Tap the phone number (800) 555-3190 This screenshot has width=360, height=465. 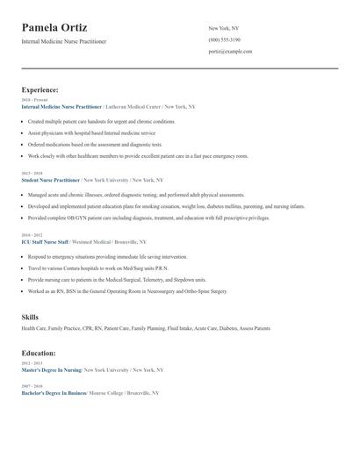(x=225, y=40)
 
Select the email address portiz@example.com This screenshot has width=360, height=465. (x=230, y=52)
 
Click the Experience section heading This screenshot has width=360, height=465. (x=40, y=89)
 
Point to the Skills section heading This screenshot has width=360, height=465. (x=30, y=315)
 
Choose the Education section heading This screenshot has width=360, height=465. (x=39, y=353)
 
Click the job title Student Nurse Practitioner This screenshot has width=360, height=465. (x=50, y=179)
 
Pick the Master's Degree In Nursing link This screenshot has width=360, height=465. (x=51, y=370)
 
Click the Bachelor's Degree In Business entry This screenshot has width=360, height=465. (x=53, y=393)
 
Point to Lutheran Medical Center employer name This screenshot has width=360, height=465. (x=133, y=106)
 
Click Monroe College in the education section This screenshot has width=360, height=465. (x=107, y=393)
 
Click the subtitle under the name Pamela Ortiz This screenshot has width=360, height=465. (x=64, y=42)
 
